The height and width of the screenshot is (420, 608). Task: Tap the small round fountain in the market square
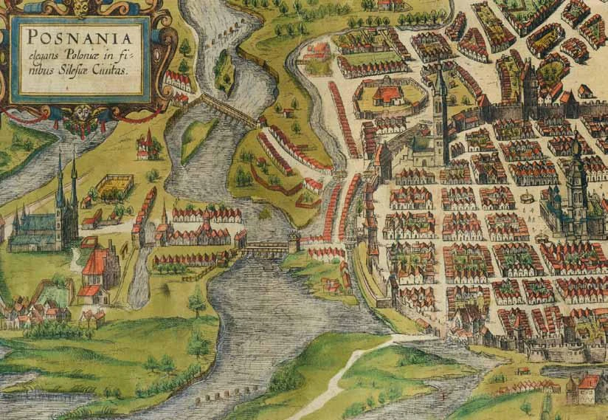(x=527, y=198)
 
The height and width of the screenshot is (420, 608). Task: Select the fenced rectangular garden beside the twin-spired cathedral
(x=115, y=187)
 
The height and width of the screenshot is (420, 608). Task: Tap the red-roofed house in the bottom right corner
(x=587, y=388)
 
